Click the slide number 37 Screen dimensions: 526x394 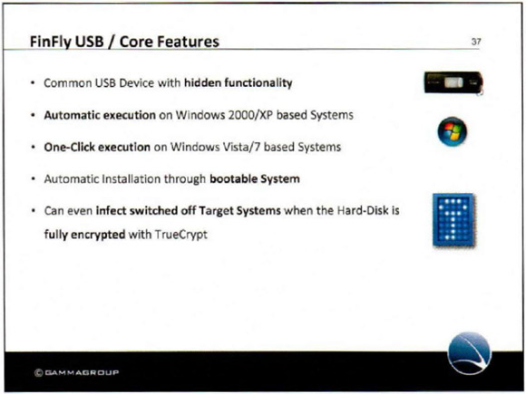(x=476, y=42)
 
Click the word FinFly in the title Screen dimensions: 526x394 (x=50, y=42)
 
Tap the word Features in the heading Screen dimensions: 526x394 (x=188, y=42)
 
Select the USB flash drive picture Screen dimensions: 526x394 (x=453, y=82)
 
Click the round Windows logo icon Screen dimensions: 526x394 (x=453, y=131)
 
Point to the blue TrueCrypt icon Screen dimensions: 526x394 (x=453, y=220)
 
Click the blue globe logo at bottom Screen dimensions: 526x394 (x=469, y=353)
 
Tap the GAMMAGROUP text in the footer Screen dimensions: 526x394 (x=82, y=372)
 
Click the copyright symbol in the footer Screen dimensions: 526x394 (x=39, y=372)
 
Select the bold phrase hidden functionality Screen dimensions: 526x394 (x=239, y=82)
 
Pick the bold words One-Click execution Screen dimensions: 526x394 (x=97, y=147)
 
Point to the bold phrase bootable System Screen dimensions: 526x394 (x=255, y=178)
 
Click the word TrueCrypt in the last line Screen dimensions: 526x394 (x=180, y=234)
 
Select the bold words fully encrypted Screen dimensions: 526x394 (x=85, y=234)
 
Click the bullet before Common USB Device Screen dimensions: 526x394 (x=33, y=83)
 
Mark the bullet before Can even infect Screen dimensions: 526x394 (x=33, y=211)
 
